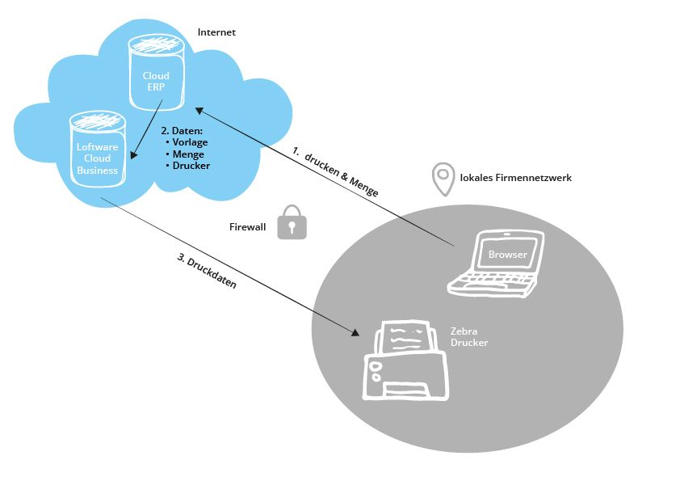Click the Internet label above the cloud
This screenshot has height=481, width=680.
click(216, 32)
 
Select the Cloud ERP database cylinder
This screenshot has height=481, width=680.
click(156, 72)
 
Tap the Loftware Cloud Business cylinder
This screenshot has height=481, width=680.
click(98, 149)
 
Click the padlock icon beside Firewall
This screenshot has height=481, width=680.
click(292, 222)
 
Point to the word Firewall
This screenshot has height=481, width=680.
click(247, 226)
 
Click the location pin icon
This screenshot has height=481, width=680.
click(443, 179)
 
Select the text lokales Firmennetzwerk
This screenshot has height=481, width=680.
click(515, 178)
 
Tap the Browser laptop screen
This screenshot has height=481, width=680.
click(507, 253)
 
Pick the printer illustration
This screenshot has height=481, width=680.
click(405, 361)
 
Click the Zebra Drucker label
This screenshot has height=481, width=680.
click(468, 337)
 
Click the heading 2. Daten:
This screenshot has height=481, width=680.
click(183, 131)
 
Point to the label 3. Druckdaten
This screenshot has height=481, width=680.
click(207, 271)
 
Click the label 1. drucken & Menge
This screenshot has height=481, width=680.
click(335, 171)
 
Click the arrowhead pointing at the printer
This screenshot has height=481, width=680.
click(355, 332)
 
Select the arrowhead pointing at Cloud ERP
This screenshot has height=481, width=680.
click(200, 111)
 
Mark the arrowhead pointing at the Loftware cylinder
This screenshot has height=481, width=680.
click(134, 154)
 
